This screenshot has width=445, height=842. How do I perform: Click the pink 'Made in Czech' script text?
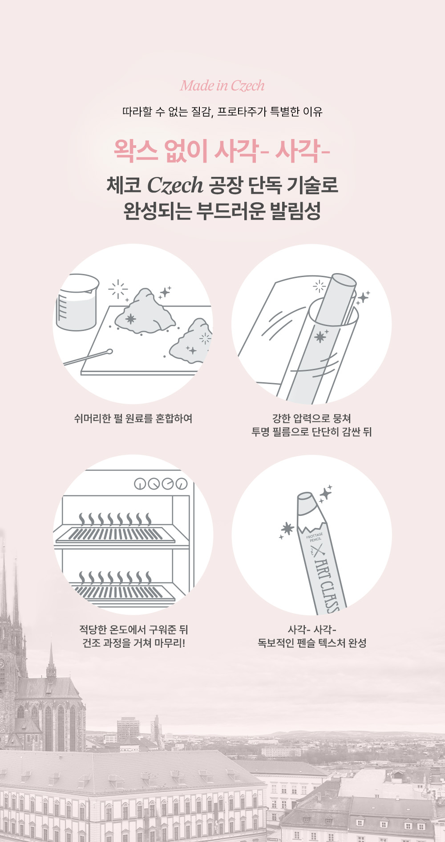(x=222, y=85)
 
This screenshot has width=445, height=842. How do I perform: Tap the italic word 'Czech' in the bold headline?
(x=175, y=185)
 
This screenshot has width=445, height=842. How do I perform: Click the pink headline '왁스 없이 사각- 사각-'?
(x=222, y=151)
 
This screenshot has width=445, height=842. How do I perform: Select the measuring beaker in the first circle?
(x=77, y=302)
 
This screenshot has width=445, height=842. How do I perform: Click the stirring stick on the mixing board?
(x=88, y=358)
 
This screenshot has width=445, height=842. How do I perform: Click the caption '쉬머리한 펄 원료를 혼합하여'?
(x=133, y=418)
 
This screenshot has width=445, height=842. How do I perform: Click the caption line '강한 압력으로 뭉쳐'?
(x=311, y=418)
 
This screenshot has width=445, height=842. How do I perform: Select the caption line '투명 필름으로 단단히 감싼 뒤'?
(x=311, y=432)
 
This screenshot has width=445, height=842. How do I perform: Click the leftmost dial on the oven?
(x=141, y=484)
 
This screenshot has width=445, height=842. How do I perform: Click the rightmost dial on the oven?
(x=182, y=484)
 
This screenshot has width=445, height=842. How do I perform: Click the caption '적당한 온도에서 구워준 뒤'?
(x=133, y=629)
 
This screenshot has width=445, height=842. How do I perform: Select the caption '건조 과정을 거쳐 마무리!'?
(x=133, y=643)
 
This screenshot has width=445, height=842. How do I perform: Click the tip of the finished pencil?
(x=306, y=497)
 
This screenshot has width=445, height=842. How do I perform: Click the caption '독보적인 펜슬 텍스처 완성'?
(x=312, y=643)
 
